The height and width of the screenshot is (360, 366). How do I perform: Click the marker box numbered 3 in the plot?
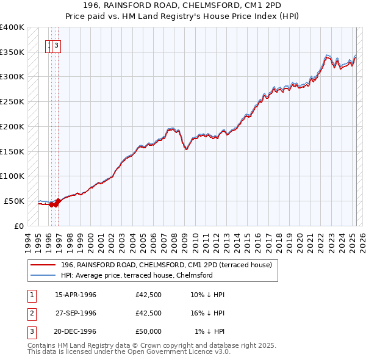click(x=56, y=45)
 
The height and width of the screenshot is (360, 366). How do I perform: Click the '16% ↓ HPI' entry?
click(x=207, y=312)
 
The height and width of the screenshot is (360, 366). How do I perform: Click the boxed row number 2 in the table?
click(x=31, y=313)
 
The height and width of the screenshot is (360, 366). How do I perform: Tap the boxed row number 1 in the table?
click(x=31, y=295)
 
